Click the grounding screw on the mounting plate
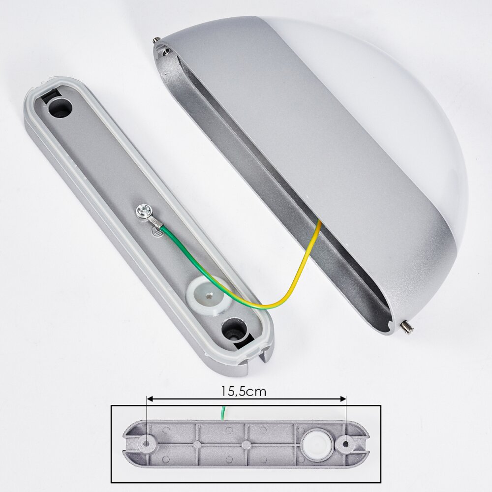coord(144,211)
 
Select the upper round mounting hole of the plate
coord(61,108)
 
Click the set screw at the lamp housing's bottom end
coord(406,328)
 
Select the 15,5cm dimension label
coord(244,391)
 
